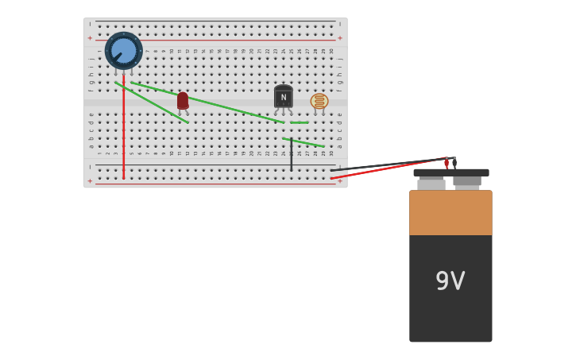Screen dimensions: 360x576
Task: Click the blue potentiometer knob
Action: (124, 50)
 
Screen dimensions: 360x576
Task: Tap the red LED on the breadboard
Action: (183, 100)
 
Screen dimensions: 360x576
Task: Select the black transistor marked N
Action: (283, 96)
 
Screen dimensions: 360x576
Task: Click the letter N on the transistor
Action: (284, 98)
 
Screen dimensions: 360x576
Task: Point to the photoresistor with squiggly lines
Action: (319, 101)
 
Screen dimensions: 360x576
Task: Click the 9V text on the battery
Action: (450, 281)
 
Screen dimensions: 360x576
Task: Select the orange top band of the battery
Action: (450, 212)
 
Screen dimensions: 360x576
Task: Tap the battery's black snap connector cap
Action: (450, 172)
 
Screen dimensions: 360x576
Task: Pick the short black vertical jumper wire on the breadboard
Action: (291, 155)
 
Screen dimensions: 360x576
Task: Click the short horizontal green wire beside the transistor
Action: (300, 122)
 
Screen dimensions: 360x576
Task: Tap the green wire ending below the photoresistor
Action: (303, 142)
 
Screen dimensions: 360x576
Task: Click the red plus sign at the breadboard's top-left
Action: (90, 37)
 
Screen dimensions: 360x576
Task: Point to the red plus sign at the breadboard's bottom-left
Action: (90, 181)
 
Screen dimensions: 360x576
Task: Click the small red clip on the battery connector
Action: (446, 163)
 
